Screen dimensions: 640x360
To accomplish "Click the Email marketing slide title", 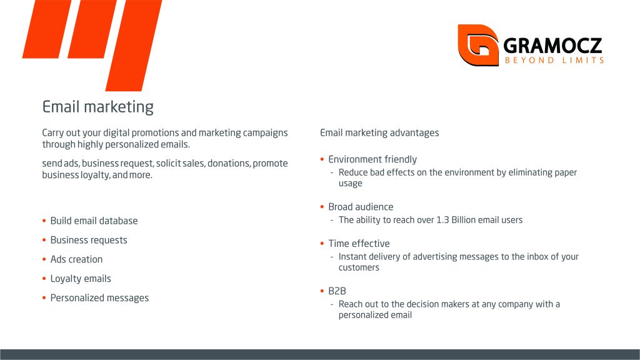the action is pos(98,107).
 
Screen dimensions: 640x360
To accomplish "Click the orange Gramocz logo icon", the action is pos(478,45).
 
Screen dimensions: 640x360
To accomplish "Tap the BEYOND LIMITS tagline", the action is pos(554,61).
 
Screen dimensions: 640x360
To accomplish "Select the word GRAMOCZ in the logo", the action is pos(552,45).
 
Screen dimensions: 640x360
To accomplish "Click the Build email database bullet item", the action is pos(94,221).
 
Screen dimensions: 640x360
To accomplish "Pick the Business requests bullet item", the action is pos(89,240).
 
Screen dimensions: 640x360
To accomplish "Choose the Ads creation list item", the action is pos(76,259).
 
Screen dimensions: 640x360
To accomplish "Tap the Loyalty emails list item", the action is pos(81,279).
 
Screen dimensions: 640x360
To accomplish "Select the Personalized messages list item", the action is pos(99,298).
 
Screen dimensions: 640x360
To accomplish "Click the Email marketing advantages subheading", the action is pos(379,132).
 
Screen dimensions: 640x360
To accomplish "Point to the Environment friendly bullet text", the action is pos(372,159).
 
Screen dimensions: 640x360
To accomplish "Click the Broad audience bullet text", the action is pos(361,207).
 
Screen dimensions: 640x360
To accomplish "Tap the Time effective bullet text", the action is pos(359,244).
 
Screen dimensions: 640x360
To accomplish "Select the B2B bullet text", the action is pos(337,291).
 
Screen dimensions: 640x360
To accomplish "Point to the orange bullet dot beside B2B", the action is pos(322,291).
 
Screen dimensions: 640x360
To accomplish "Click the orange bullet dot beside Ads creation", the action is pos(44,259).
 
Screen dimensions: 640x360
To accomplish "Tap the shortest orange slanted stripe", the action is pos(47,29).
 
